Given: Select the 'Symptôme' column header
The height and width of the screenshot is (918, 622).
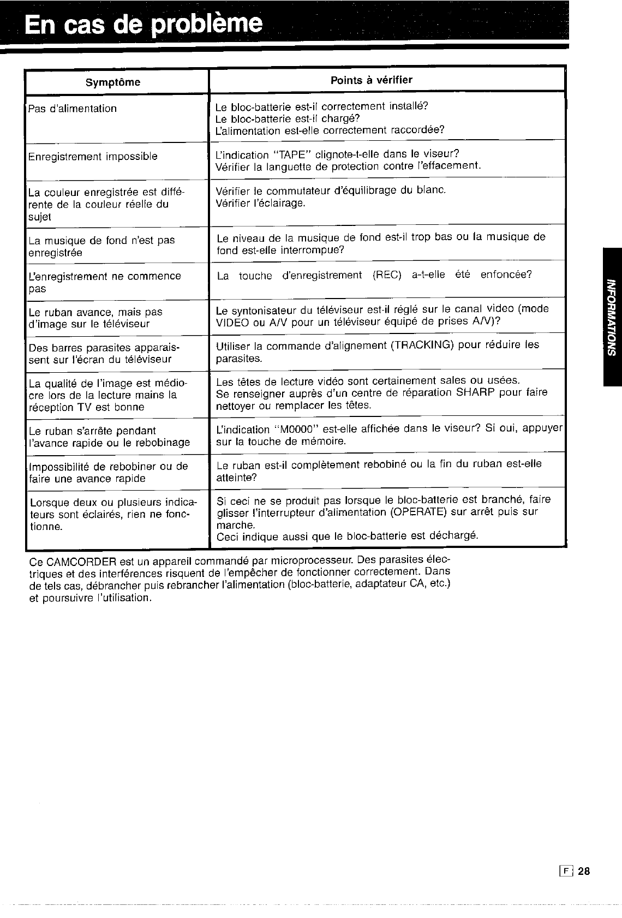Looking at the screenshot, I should pyautogui.click(x=113, y=82).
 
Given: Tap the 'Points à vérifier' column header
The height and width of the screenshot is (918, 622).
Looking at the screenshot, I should pyautogui.click(x=372, y=80).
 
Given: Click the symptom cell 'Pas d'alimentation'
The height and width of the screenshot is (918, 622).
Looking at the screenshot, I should pyautogui.click(x=73, y=109).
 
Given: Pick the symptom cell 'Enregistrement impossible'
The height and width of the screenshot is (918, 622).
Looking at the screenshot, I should pyautogui.click(x=93, y=157).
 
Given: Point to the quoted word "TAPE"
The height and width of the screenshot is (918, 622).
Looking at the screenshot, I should pyautogui.click(x=284, y=154).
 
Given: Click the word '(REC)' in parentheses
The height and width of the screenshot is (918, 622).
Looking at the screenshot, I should pyautogui.click(x=388, y=275).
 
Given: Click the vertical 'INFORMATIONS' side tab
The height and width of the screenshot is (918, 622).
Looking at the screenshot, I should pyautogui.click(x=612, y=317).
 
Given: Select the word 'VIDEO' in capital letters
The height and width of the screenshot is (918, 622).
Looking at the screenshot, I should pyautogui.click(x=231, y=321).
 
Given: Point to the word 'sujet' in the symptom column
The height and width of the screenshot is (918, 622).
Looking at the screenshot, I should pyautogui.click(x=39, y=217).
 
